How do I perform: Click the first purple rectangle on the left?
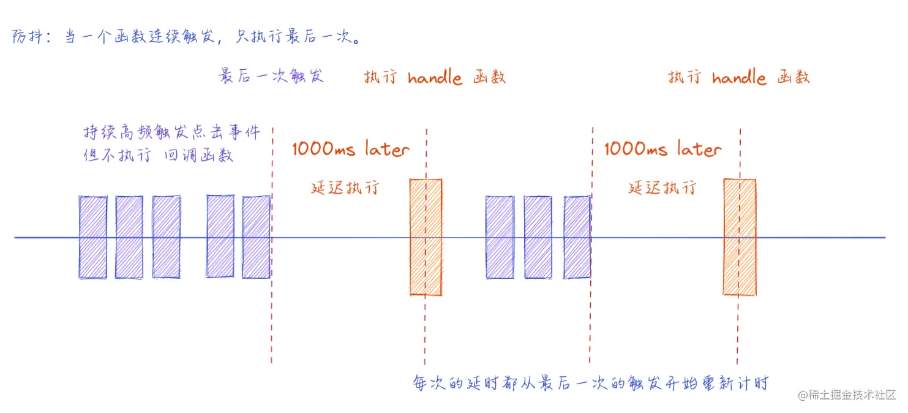tap(92, 237)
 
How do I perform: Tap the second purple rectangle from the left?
tap(129, 237)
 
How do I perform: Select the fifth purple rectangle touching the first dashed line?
tap(256, 237)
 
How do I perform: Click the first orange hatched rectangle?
tap(426, 237)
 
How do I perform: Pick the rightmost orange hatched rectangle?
tap(739, 237)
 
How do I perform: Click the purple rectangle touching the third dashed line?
tap(577, 237)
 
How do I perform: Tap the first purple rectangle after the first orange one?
tap(500, 237)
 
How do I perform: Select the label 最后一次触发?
tap(271, 76)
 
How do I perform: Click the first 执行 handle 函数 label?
tap(435, 78)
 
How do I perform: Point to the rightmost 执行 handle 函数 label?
tap(739, 78)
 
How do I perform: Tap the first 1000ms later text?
tap(351, 149)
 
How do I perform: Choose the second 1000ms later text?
tap(662, 149)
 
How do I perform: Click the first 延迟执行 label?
tap(345, 188)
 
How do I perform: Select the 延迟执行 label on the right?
tap(662, 188)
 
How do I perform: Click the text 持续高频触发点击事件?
tap(172, 132)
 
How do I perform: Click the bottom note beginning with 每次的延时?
tap(590, 384)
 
